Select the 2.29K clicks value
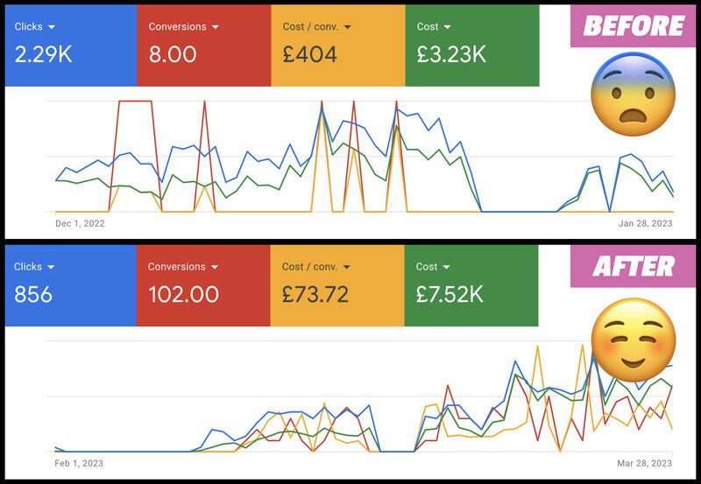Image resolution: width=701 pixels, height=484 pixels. click(x=43, y=54)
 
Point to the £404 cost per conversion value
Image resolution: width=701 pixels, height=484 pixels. click(x=310, y=54)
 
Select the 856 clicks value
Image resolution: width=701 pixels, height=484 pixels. click(x=33, y=294)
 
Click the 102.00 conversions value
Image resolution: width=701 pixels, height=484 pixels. click(x=183, y=294)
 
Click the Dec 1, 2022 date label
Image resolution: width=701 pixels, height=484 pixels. click(x=80, y=223)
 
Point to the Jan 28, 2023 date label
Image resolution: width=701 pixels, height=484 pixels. click(x=645, y=223)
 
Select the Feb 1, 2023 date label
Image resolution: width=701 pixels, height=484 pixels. click(x=79, y=463)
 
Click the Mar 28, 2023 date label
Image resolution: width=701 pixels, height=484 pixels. click(x=644, y=463)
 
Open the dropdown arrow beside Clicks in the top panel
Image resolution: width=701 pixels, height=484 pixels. click(x=53, y=27)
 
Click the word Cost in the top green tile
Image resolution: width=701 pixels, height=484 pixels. click(x=428, y=27)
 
